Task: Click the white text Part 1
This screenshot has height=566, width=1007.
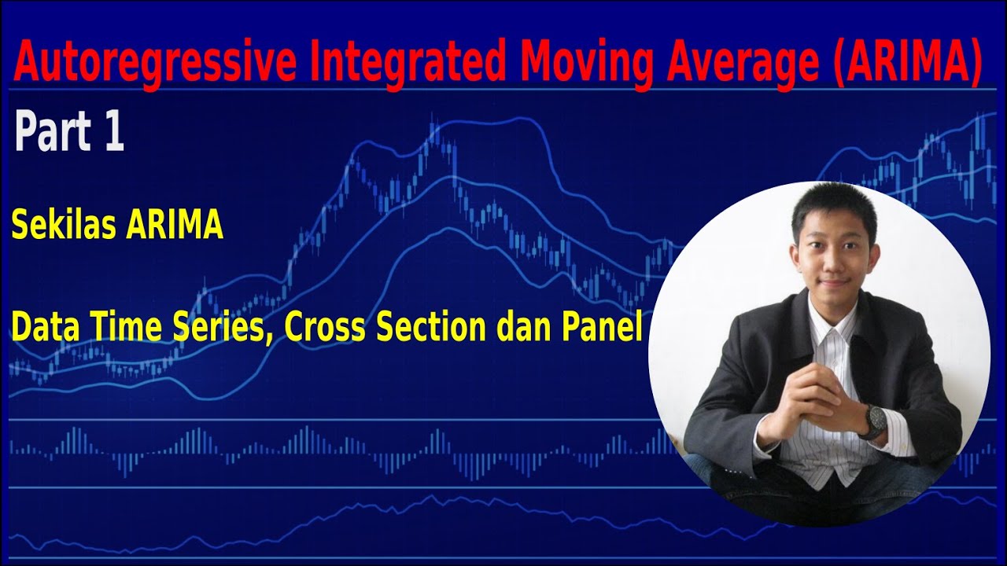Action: tap(69, 131)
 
